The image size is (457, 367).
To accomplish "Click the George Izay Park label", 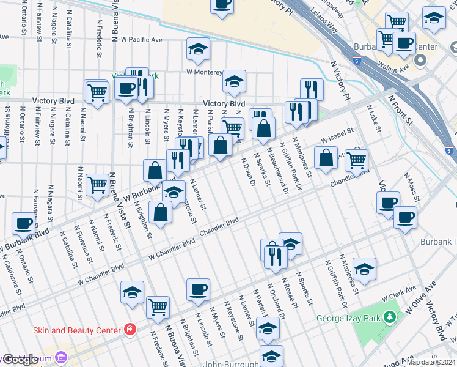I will coord(346,318).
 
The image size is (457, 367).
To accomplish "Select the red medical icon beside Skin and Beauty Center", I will coord(130,330).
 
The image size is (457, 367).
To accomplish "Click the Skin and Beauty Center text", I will coord(77,330).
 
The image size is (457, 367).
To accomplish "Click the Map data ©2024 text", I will coord(431,362).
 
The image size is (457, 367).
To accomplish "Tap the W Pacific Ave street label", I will coord(141,39).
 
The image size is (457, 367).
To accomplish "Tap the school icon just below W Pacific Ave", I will coord(198,51).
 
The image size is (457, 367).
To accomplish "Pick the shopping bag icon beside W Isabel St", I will coord(326,158).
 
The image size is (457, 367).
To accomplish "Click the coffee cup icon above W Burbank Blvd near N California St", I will coord(23,224).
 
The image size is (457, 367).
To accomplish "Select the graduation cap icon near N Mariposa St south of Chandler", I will coord(364,269).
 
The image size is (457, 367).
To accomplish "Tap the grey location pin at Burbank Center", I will coord(421,61).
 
